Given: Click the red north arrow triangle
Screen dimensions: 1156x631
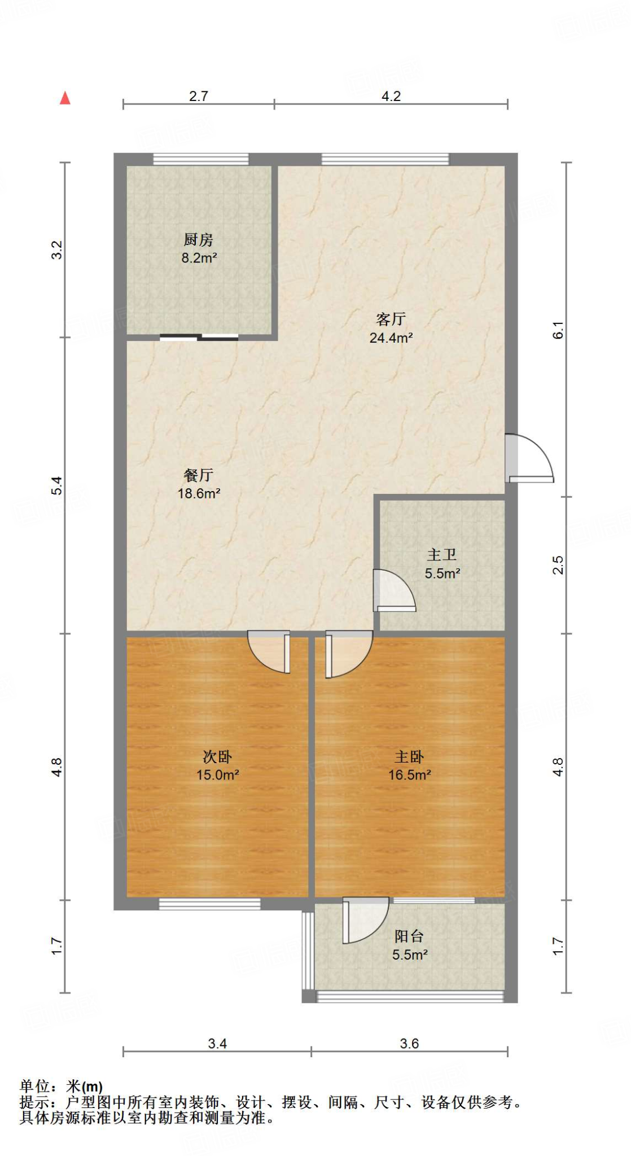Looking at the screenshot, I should coord(65,98).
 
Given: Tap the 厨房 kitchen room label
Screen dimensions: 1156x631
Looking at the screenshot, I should coord(198,240).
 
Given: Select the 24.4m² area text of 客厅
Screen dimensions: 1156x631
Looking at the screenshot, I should coord(391,338).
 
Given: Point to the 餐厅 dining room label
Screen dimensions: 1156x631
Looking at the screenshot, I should coord(198,475).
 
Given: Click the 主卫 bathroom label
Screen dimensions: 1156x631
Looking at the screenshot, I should coord(442,555).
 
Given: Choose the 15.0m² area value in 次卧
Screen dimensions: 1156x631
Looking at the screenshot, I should coord(217,775).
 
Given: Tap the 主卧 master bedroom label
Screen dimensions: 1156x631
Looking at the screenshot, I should coord(409,757).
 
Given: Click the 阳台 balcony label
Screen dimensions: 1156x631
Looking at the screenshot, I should coord(409,937).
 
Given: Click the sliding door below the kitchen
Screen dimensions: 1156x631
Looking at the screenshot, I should coord(199,338).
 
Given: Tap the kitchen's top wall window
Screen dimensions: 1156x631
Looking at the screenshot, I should coord(201,159).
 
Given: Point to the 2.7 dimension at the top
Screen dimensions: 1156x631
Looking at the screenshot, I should coord(199,97).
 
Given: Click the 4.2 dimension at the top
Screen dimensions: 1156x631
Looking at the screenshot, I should coord(391,97).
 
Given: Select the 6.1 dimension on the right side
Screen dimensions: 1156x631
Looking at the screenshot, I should coord(558,330).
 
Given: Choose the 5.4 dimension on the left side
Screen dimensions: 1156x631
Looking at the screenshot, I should coord(57,485).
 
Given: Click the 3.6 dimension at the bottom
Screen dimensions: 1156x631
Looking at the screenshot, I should coord(409,1044).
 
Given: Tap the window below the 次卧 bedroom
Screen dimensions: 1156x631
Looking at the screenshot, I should coord(209,904).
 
